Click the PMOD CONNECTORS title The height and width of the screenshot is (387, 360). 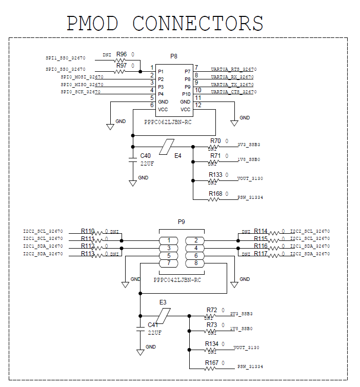pos(165,24)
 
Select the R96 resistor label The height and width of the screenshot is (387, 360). pos(122,54)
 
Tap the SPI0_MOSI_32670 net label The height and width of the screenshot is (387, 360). pos(82,77)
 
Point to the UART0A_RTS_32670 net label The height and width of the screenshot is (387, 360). pos(233,69)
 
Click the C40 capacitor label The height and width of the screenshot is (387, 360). pos(146,156)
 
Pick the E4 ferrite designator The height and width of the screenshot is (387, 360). pos(178,156)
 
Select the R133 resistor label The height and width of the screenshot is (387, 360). pos(215,175)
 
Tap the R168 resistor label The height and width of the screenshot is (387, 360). pos(215,193)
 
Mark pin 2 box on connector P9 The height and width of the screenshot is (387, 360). pos(195,240)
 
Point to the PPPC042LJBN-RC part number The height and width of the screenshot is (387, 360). pos(177,280)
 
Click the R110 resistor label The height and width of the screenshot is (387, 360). pos(88,232)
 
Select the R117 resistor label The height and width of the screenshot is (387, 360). pos(261,254)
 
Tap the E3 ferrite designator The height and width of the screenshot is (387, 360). pos(163,302)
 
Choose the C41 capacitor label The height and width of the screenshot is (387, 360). pos(153,325)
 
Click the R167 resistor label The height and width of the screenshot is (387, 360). pos(212,363)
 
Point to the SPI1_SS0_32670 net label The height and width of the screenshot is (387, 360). pos(66,58)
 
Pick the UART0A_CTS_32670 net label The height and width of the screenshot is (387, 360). pos(233,92)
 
